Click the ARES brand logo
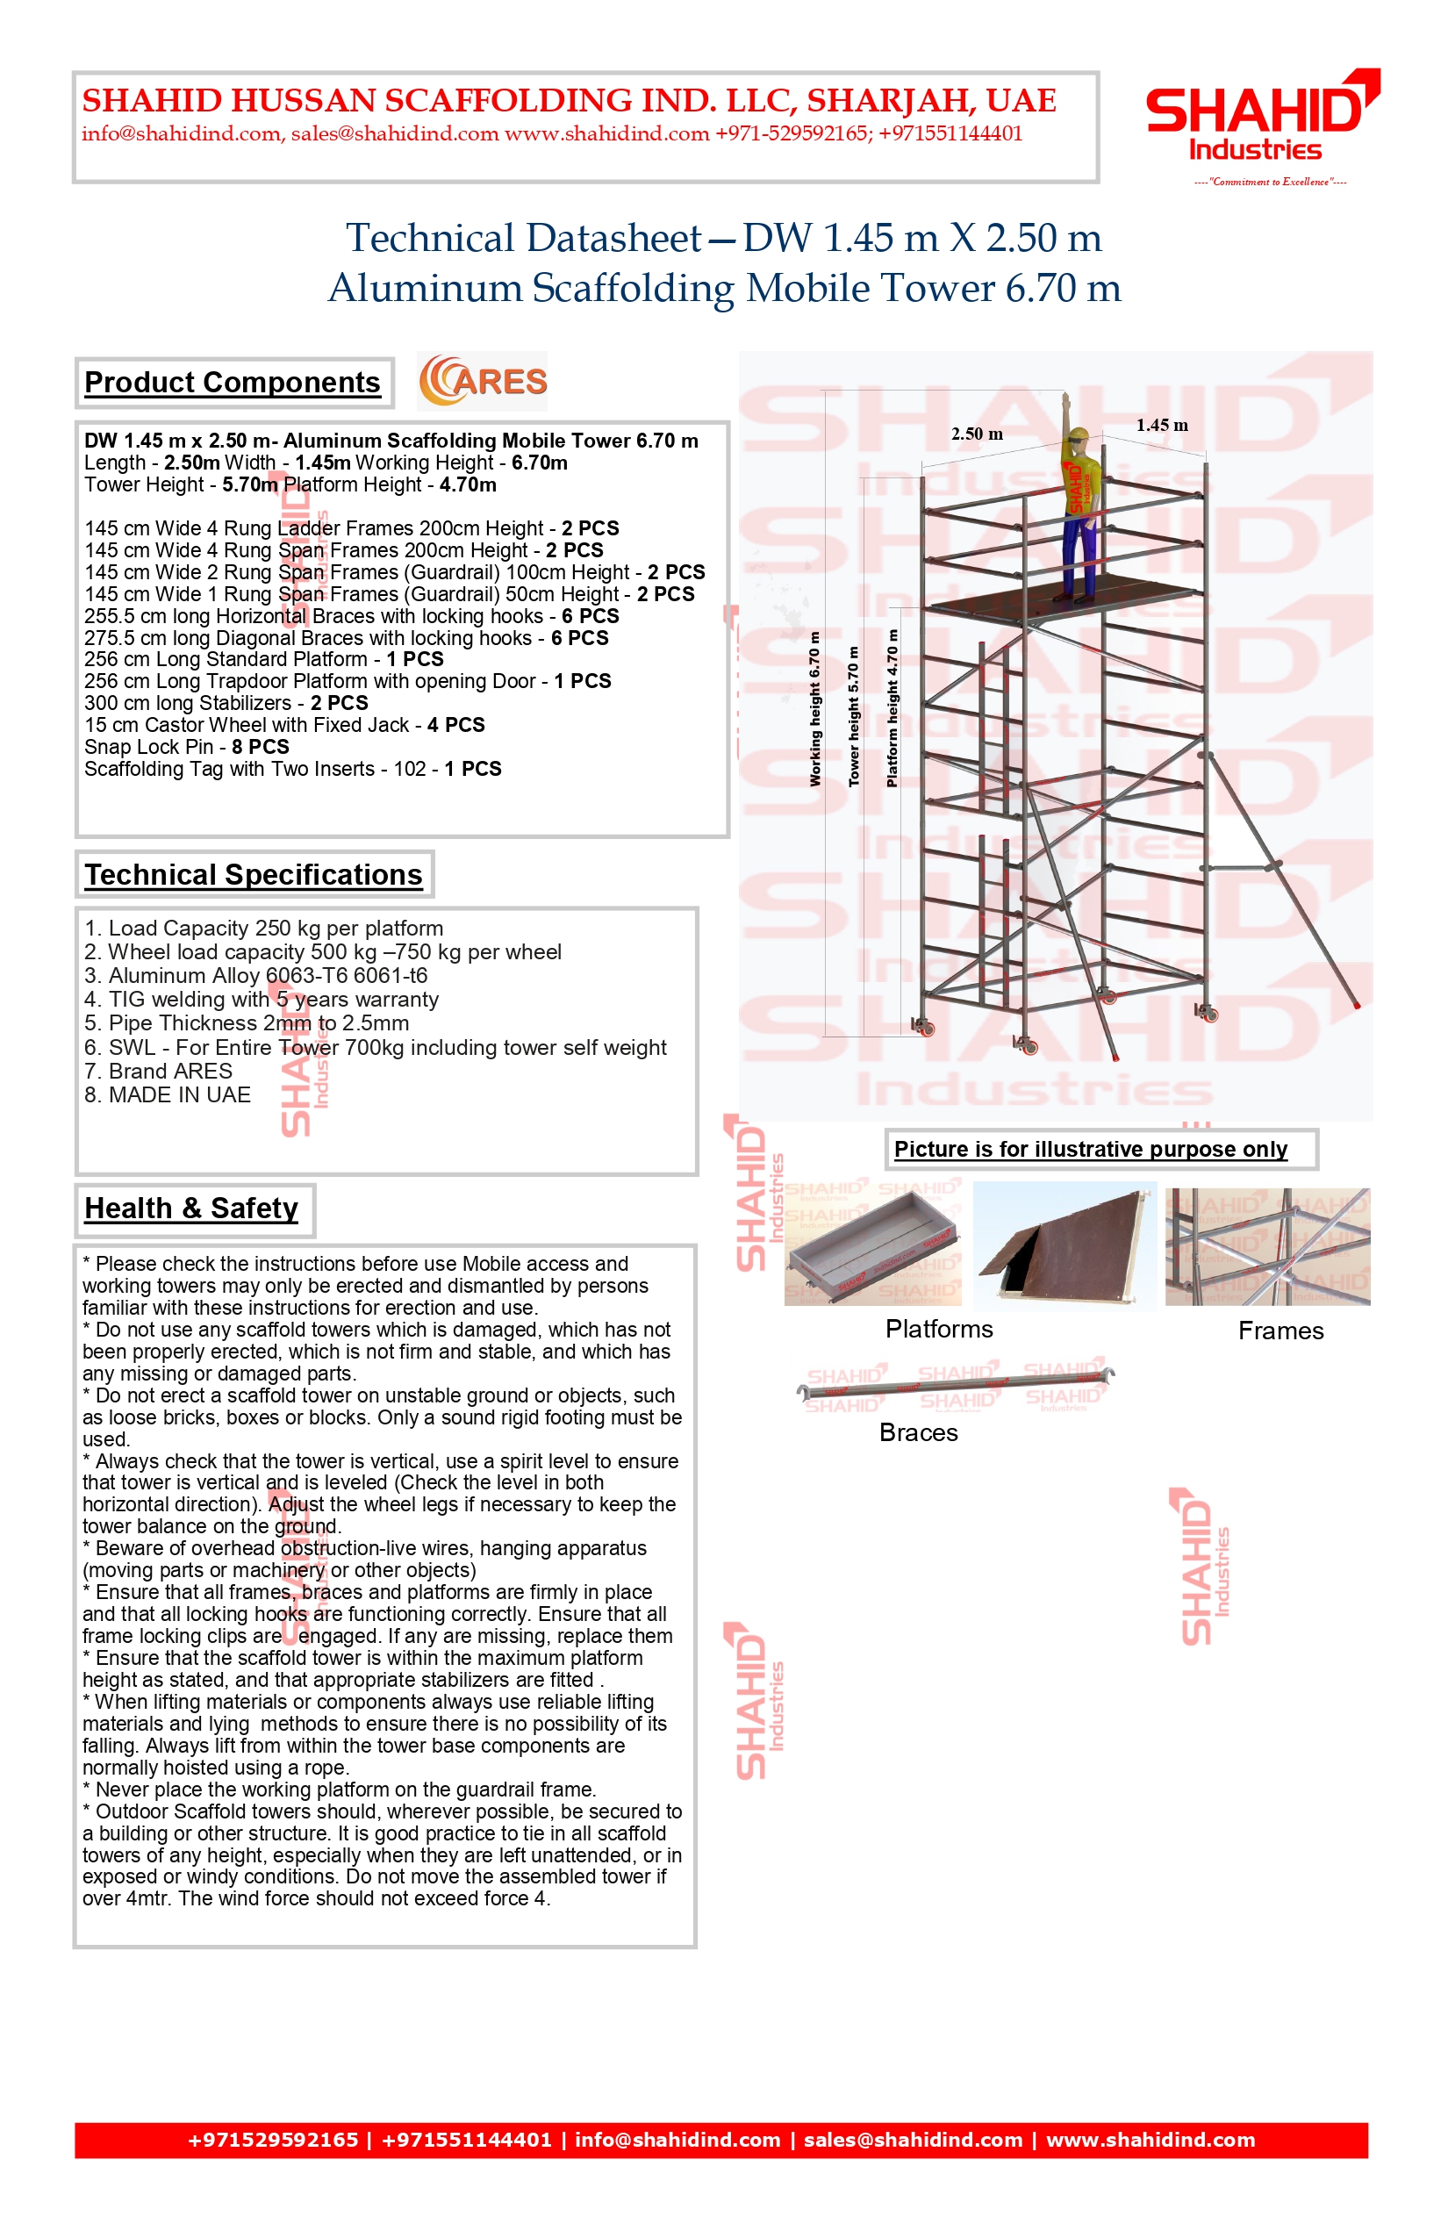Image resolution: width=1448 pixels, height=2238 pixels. point(484,381)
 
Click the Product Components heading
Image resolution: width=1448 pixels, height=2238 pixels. point(233,383)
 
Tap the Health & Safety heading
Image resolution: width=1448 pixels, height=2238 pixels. point(191,1209)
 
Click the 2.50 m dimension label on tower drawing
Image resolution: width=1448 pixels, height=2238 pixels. point(977,434)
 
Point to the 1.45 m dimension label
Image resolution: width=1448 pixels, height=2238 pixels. point(1161,425)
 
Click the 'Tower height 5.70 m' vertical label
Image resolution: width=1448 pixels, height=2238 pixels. point(854,716)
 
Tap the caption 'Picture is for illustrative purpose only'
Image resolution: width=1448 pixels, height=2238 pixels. point(1091,1149)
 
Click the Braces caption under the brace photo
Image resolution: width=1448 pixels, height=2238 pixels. point(919,1432)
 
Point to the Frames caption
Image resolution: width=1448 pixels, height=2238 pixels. point(1280,1331)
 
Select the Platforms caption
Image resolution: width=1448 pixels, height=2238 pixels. point(939,1329)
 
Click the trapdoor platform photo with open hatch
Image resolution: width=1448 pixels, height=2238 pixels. point(1065,1246)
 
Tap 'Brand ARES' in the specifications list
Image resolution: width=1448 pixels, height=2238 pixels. point(158,1071)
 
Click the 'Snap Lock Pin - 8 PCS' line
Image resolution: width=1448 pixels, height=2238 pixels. point(186,747)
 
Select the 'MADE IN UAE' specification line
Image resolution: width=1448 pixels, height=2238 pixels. point(168,1094)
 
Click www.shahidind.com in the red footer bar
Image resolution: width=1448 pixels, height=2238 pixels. point(1151,2141)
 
